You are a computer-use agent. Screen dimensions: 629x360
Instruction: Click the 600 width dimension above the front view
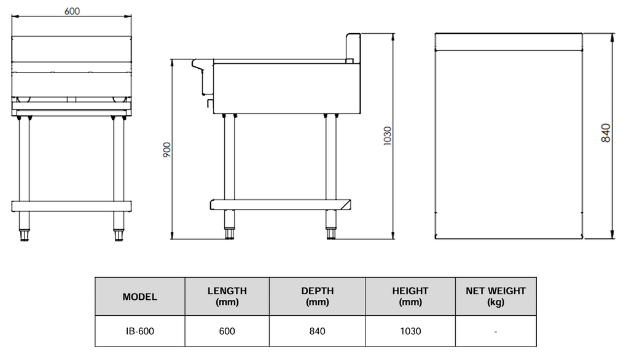[x=72, y=11]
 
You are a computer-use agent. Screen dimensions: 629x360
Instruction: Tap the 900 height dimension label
[x=167, y=150]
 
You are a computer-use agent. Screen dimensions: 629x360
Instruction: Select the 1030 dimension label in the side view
[x=387, y=136]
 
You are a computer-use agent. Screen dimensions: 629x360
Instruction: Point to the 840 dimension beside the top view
[x=606, y=133]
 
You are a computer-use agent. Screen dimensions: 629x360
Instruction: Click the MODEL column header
[x=140, y=297]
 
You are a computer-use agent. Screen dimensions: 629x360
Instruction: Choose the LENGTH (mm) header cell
[x=227, y=296]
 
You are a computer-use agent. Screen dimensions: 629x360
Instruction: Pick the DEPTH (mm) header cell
[x=318, y=296]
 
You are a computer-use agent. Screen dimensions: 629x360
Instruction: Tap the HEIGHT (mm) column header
[x=410, y=296]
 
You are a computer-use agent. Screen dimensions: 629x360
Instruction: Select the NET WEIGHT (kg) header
[x=496, y=296]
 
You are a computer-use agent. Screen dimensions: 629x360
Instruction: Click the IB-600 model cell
[x=140, y=331]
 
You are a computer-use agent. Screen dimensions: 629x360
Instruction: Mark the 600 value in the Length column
[x=227, y=331]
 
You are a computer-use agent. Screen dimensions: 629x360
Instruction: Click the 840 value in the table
[x=318, y=331]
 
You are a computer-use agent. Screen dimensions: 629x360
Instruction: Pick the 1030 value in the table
[x=410, y=331]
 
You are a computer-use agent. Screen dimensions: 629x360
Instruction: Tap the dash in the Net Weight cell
[x=496, y=332]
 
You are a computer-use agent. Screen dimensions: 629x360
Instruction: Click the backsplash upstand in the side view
[x=353, y=48]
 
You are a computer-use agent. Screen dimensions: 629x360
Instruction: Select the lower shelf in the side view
[x=280, y=205]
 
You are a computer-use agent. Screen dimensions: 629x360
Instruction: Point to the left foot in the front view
[x=25, y=235]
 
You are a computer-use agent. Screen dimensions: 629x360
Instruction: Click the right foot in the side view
[x=331, y=233]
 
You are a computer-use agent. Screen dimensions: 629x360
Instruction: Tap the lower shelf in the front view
[x=71, y=206]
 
